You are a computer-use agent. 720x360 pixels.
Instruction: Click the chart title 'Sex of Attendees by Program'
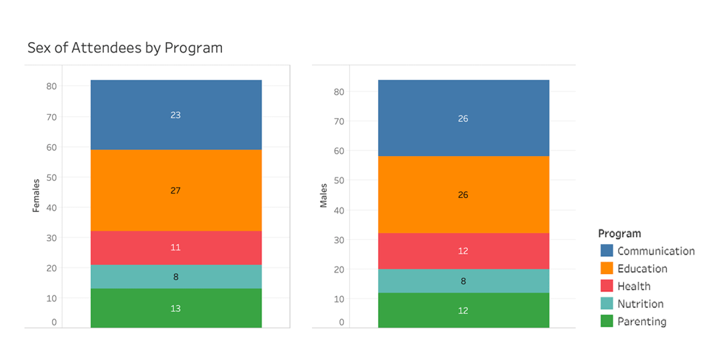coord(125,48)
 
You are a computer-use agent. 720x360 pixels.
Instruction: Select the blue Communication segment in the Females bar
coord(176,100)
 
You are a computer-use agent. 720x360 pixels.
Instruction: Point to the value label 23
coord(176,115)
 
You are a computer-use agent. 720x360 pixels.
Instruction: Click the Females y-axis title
coord(37,195)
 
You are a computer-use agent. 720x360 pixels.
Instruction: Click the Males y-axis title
coord(324,195)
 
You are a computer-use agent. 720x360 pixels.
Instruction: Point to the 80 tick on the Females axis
coord(51,87)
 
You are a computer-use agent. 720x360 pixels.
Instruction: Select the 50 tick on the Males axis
coord(339,181)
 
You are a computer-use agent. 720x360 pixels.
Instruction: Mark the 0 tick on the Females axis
coord(54,323)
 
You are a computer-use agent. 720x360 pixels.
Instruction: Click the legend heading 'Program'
coord(619,233)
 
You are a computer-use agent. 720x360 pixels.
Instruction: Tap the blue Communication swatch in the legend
coord(607,251)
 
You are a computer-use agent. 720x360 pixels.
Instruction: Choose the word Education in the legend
coord(642,269)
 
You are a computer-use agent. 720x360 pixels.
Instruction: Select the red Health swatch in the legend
coord(607,286)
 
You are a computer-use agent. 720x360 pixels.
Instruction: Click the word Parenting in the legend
coord(641,321)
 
